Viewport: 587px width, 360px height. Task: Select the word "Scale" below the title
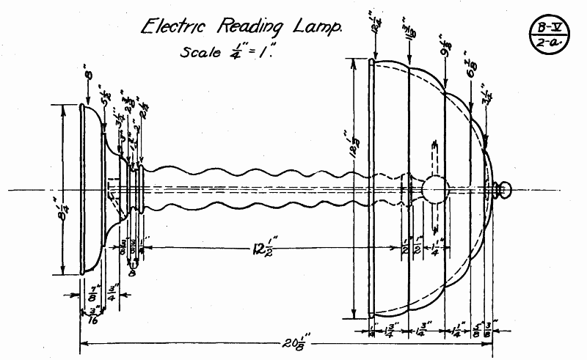(197, 54)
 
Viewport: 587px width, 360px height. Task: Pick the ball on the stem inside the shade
(434, 189)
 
